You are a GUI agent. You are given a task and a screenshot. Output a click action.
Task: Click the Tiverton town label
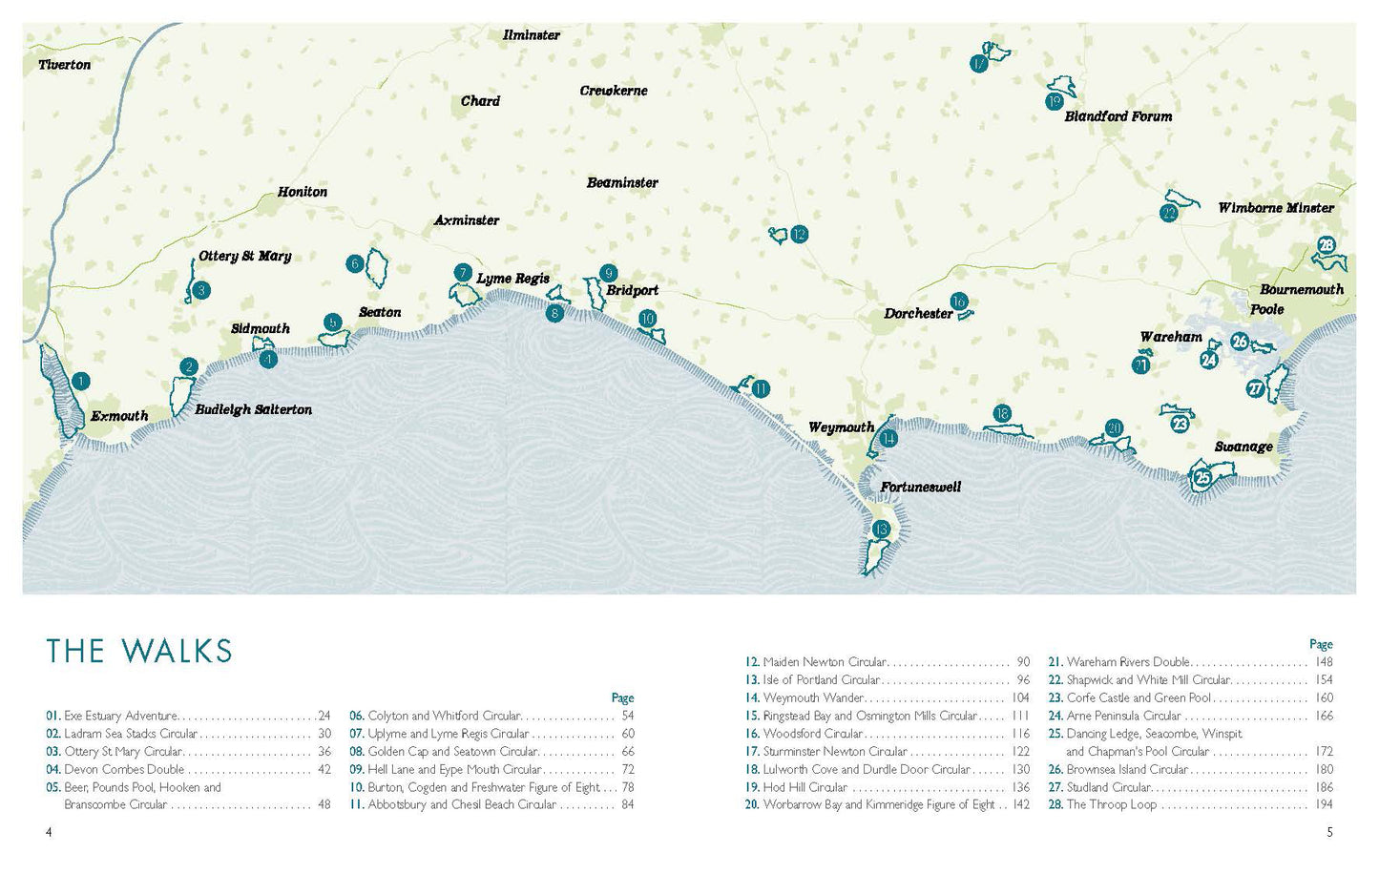point(64,65)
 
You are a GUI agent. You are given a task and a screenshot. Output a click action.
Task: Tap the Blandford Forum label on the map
point(1118,116)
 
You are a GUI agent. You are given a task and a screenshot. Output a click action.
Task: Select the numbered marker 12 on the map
point(800,234)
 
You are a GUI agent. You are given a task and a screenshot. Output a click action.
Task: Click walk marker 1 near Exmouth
point(81,382)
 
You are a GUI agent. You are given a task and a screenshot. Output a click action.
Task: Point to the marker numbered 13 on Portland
point(880,530)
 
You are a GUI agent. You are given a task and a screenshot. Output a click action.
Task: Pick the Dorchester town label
point(918,313)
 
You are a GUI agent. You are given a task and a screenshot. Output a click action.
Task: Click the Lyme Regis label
point(512,279)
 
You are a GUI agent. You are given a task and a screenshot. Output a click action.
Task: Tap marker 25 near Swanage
point(1202,477)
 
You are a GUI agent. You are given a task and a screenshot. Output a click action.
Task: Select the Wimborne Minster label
point(1275,207)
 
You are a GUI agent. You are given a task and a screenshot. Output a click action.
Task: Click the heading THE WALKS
point(139,651)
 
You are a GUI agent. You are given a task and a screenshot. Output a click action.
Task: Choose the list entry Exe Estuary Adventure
point(120,716)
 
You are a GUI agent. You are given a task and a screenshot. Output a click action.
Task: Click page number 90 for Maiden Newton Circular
point(1023,662)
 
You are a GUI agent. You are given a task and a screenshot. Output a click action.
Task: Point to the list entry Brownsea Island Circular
point(1127,769)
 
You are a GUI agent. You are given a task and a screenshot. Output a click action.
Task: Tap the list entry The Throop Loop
point(1111,804)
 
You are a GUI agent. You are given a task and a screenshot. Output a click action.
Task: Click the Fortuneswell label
point(920,487)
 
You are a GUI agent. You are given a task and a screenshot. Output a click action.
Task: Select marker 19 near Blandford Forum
point(1054,101)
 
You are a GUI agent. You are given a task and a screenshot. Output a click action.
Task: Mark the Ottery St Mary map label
point(244,256)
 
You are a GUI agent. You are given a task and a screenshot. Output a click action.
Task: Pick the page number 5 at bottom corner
point(1329,832)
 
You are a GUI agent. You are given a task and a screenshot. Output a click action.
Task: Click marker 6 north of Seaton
point(355,263)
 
